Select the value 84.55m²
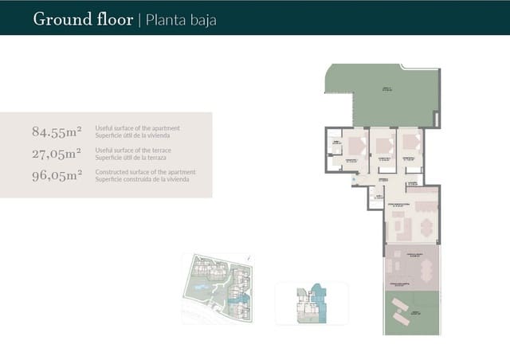click(x=57, y=131)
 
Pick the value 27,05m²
click(x=57, y=154)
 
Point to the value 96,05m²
click(x=57, y=176)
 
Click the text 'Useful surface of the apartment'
click(x=137, y=128)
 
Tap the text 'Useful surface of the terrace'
click(x=133, y=150)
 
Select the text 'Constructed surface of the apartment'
click(x=145, y=172)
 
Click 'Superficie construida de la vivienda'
click(x=144, y=178)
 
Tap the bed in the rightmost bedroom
click(x=411, y=143)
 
